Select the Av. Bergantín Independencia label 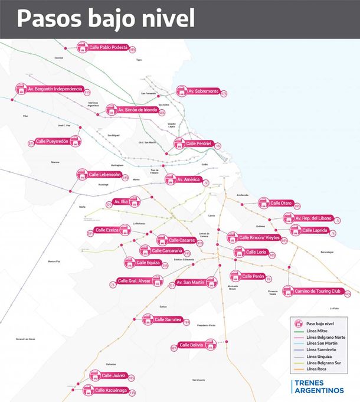(54, 89)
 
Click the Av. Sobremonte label (203, 91)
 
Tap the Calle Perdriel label (199, 143)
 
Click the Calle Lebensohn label (104, 175)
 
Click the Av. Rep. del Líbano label (314, 218)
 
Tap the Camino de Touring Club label (319, 291)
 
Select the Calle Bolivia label (191, 345)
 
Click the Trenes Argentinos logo (318, 387)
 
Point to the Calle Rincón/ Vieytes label (259, 237)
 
